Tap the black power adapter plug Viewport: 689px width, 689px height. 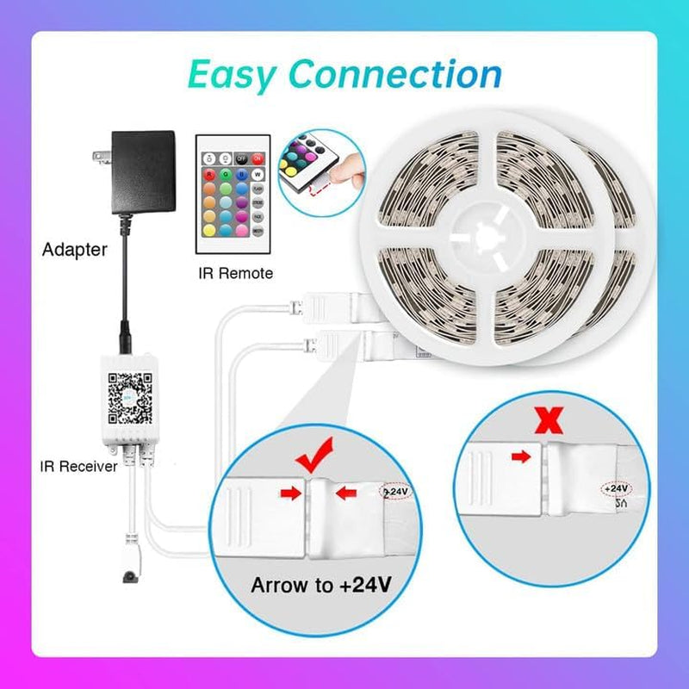[142, 172]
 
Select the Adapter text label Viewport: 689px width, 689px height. [75, 251]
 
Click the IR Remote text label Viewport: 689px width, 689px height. [233, 273]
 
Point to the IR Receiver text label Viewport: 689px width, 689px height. [77, 466]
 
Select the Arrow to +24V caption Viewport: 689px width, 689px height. [320, 586]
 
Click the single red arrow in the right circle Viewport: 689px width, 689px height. [521, 457]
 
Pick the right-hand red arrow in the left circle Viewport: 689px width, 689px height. [345, 493]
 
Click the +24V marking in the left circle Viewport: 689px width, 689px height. [396, 491]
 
